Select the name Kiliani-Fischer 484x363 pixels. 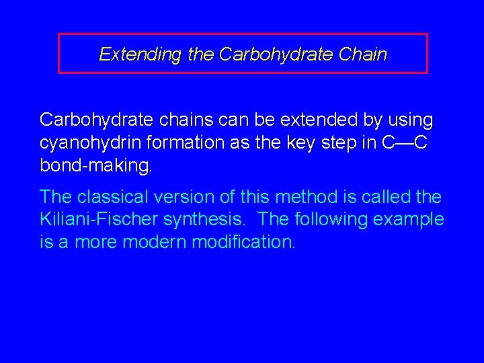click(98, 219)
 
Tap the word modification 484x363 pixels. click(243, 242)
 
